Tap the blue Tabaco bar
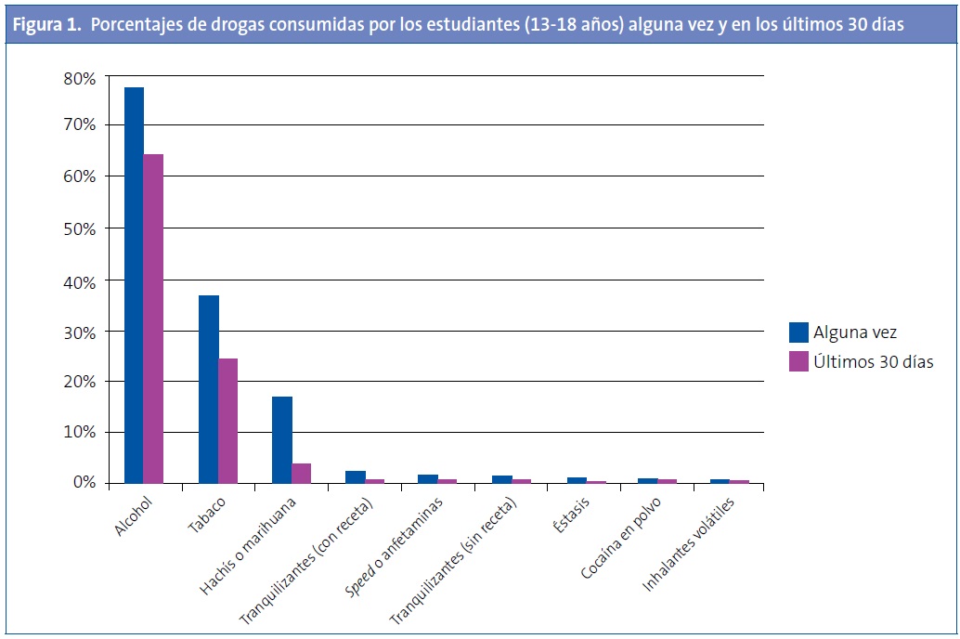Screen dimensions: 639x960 click(x=208, y=389)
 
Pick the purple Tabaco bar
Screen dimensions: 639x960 click(x=227, y=421)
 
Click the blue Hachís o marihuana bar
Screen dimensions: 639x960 click(x=282, y=439)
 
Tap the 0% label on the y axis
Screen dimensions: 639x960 click(x=84, y=483)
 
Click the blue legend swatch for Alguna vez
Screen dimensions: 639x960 click(x=798, y=332)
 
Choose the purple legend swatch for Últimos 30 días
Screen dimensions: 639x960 click(x=798, y=361)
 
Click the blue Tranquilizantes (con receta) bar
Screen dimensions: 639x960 click(x=356, y=476)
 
